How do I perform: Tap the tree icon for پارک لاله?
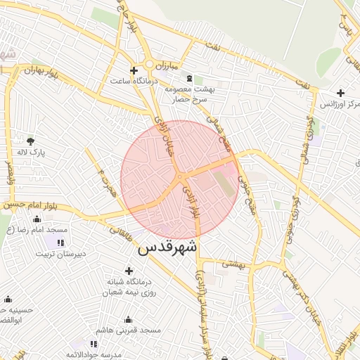[30, 141]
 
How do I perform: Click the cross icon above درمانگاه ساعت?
[134, 70]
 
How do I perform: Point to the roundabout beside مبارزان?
[150, 64]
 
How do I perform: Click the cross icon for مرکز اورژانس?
[340, 92]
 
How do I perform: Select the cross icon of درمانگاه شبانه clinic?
[129, 271]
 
